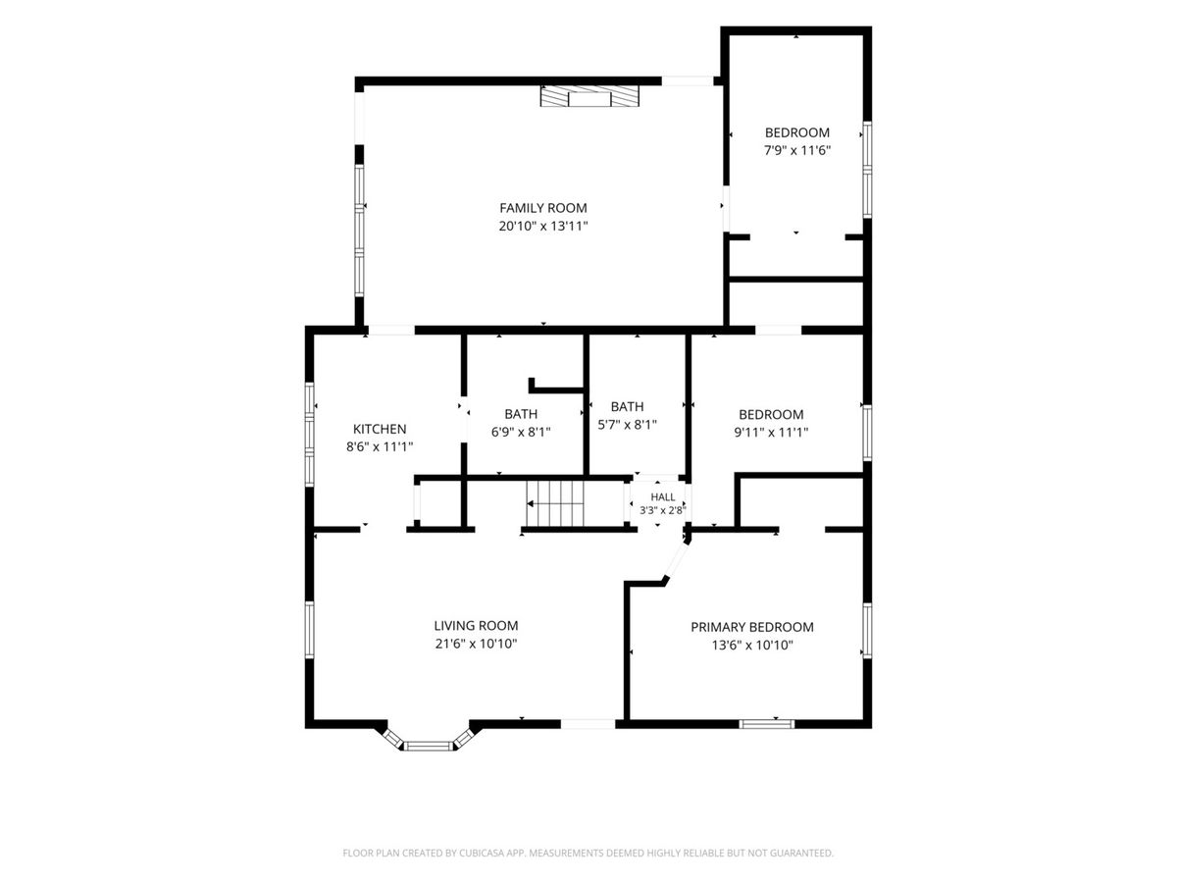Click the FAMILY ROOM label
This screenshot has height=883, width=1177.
[542, 207]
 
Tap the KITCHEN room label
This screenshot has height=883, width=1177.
[380, 429]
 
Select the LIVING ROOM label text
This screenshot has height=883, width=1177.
[476, 625]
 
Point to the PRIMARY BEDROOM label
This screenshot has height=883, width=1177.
[751, 627]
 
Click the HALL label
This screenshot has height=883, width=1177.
[663, 497]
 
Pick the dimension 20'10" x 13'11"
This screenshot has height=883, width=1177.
[543, 226]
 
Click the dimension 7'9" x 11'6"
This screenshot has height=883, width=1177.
[796, 150]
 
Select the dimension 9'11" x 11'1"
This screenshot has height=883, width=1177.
[771, 432]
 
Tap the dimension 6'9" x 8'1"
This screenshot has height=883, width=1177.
[521, 432]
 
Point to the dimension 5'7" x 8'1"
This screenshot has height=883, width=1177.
[627, 425]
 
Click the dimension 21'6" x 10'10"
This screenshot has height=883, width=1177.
[476, 644]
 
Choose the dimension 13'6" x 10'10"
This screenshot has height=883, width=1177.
[751, 645]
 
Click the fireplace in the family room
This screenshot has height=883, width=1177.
[589, 96]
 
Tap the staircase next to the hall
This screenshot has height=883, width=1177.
[554, 504]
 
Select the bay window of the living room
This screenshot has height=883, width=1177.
[428, 740]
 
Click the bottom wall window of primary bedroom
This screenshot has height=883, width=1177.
[766, 724]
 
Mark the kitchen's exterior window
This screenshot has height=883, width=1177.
[309, 435]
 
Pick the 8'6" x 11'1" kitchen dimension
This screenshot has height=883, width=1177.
[380, 446]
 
